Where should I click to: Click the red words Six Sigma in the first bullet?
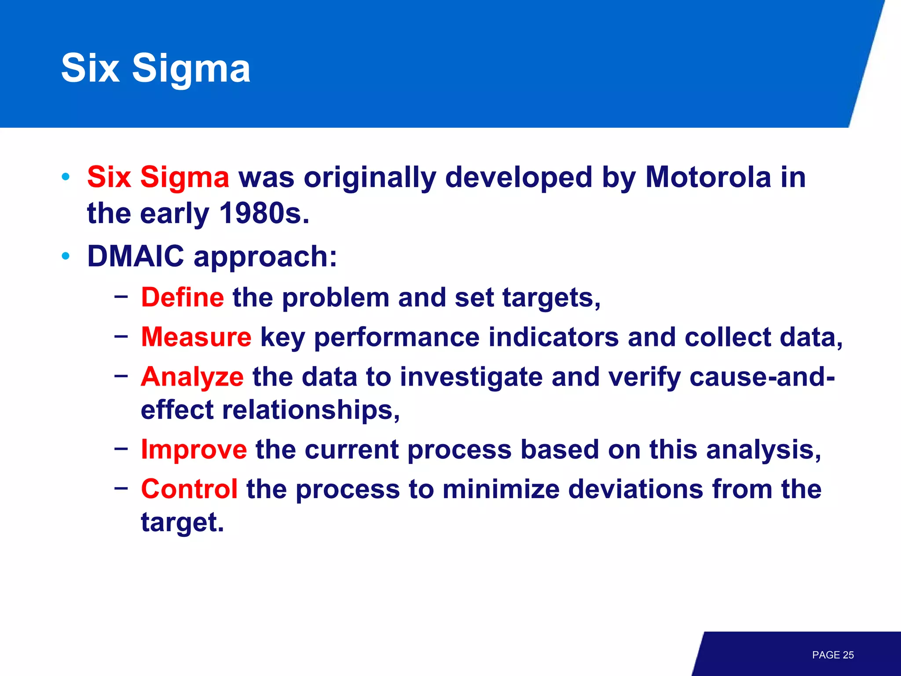(158, 177)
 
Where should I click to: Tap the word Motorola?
(708, 177)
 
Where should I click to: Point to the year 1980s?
(264, 213)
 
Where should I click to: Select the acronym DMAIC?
(136, 256)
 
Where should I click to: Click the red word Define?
(183, 298)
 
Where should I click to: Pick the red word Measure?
(196, 337)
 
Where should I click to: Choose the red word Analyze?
(192, 377)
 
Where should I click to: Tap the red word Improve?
(194, 450)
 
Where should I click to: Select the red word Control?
(190, 489)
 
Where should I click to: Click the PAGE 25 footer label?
(832, 655)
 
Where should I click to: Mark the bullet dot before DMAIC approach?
(66, 256)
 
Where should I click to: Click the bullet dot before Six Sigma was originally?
(66, 177)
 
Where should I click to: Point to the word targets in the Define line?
(551, 298)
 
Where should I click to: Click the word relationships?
(310, 410)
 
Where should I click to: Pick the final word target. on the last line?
(182, 523)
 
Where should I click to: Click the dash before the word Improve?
(121, 448)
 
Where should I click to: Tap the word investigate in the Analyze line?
(471, 378)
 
